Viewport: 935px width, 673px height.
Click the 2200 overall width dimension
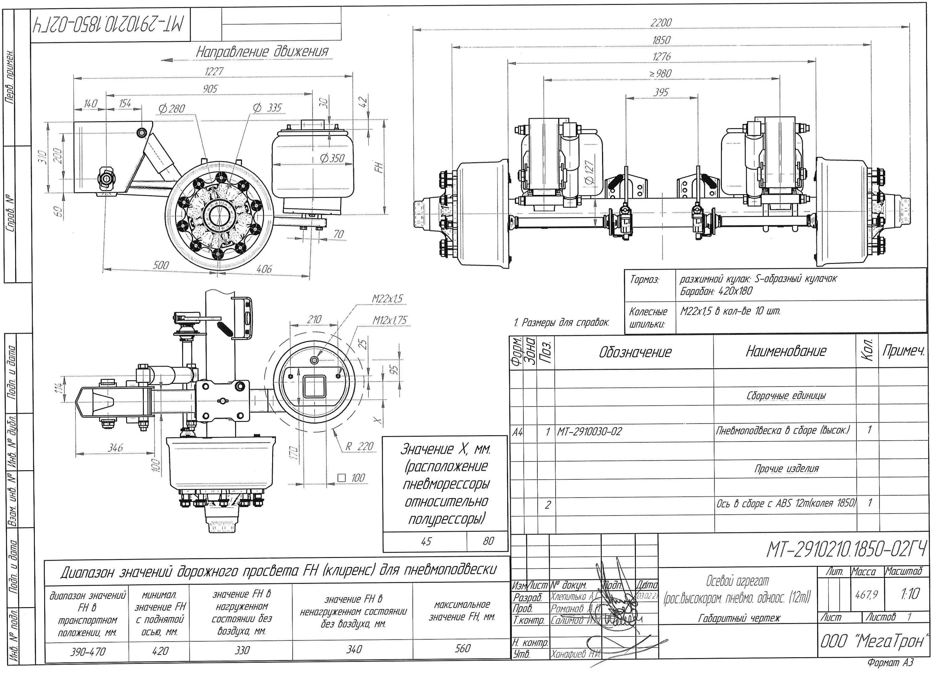[x=661, y=23]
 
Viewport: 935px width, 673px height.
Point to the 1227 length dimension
[x=214, y=71]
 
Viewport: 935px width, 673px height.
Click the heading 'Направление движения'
[x=262, y=52]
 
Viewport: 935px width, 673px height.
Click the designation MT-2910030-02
[x=590, y=432]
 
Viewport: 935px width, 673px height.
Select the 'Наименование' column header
[x=786, y=351]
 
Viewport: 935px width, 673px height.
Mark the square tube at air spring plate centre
[x=314, y=386]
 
